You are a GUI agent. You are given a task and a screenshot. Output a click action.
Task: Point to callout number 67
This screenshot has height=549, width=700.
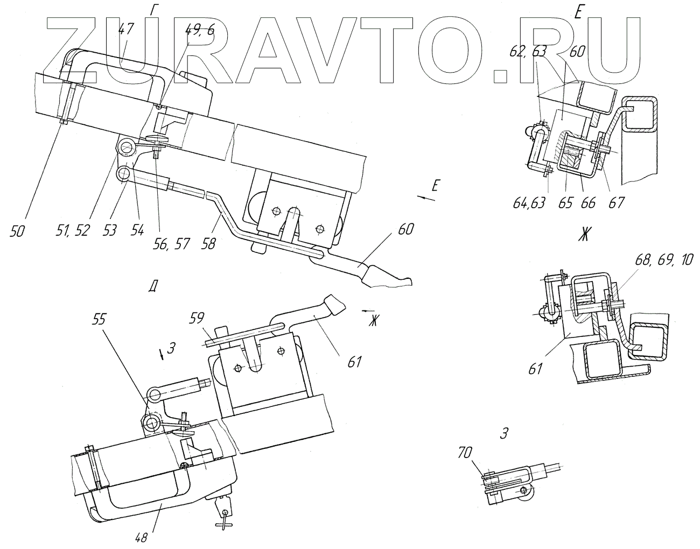(617, 203)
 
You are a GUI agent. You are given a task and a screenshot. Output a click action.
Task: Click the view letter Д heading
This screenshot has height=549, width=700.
(153, 287)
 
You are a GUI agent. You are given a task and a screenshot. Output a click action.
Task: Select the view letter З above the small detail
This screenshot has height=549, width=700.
(504, 433)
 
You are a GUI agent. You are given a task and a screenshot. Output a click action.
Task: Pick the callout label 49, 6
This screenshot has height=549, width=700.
(200, 30)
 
